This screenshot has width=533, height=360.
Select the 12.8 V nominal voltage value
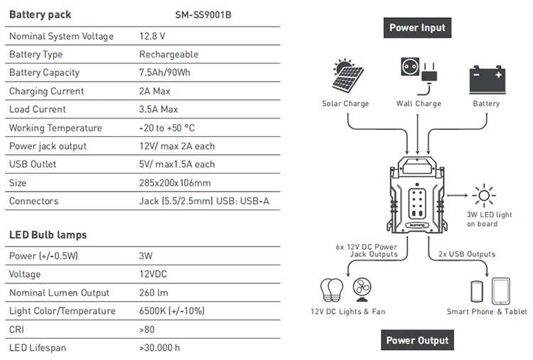[x=153, y=36]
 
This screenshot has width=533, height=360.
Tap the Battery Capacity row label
[x=44, y=72]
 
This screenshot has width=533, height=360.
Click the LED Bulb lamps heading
[x=48, y=234]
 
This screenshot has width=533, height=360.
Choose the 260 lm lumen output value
[x=155, y=293]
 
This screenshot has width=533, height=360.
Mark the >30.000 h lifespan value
[x=160, y=348]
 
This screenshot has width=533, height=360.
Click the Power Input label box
[x=417, y=28]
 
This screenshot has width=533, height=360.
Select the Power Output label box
[x=417, y=340]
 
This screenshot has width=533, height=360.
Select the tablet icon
[x=502, y=291]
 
